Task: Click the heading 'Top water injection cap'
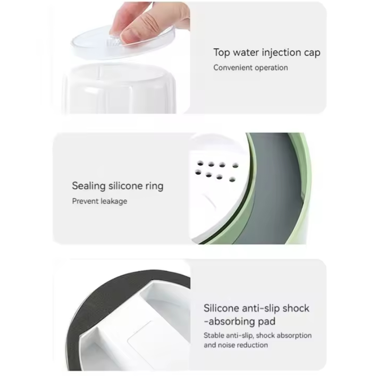tap(266, 53)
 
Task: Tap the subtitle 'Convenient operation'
tap(251, 68)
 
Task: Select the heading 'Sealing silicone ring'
tap(118, 186)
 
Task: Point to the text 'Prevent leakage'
tap(100, 201)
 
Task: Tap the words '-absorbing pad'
tap(240, 321)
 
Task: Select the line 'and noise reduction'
tap(236, 345)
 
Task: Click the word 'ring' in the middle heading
tap(155, 187)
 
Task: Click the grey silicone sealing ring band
tap(278, 192)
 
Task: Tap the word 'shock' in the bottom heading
tap(296, 308)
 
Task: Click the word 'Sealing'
tap(89, 186)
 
